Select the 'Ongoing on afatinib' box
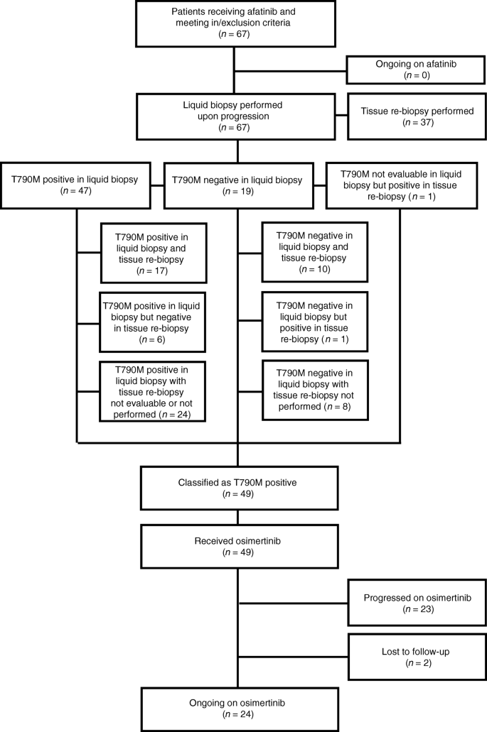tap(416, 69)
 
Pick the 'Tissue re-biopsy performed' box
tap(416, 116)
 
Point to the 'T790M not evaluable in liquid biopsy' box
tap(401, 185)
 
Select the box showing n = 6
tap(152, 322)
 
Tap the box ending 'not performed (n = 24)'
tap(152, 392)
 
